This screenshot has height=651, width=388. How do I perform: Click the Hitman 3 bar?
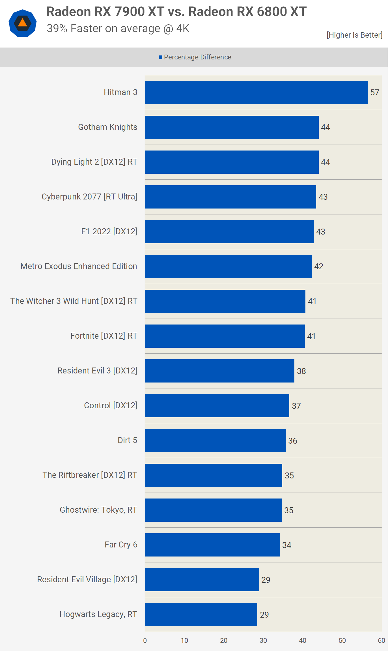[x=256, y=93]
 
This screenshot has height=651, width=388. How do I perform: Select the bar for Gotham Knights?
[x=232, y=127]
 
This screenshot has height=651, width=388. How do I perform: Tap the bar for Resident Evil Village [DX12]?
[x=202, y=580]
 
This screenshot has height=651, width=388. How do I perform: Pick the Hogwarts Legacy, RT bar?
[x=201, y=615]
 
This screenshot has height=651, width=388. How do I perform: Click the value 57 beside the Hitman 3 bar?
[x=375, y=93]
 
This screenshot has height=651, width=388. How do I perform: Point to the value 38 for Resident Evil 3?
[x=301, y=371]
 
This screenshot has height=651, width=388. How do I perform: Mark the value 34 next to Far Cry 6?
[x=287, y=545]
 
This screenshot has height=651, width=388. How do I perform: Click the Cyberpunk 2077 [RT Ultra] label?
[x=89, y=197]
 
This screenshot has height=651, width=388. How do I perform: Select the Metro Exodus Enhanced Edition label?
[x=79, y=266]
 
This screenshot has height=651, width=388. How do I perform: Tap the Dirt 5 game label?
[x=127, y=440]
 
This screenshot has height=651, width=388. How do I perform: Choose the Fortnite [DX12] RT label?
[x=104, y=336]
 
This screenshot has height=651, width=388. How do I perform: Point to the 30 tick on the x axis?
[x=263, y=641]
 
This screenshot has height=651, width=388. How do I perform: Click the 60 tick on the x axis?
[x=381, y=641]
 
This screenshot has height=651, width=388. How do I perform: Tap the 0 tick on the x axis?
[x=145, y=641]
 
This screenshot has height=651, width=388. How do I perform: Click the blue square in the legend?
[x=160, y=57]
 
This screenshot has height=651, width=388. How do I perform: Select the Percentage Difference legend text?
[x=197, y=57]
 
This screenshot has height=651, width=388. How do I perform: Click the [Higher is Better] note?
[x=354, y=35]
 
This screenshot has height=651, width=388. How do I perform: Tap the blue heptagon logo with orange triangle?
[x=23, y=23]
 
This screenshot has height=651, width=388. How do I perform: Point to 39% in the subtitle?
[x=57, y=29]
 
